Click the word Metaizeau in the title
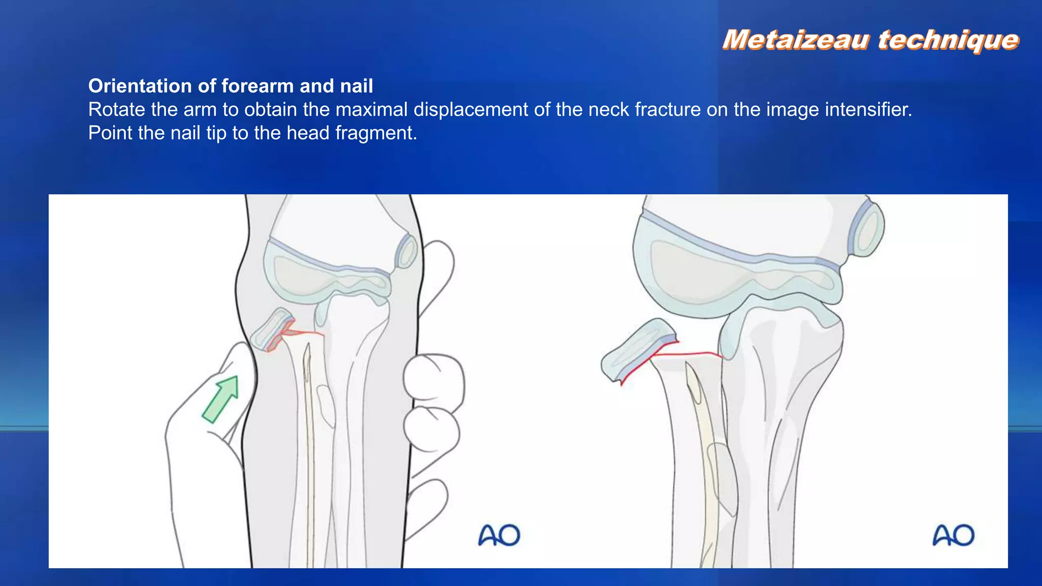pyautogui.click(x=796, y=40)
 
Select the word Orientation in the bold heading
pyautogui.click(x=140, y=86)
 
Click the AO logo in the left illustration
pyautogui.click(x=499, y=535)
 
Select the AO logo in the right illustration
pyautogui.click(x=953, y=535)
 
